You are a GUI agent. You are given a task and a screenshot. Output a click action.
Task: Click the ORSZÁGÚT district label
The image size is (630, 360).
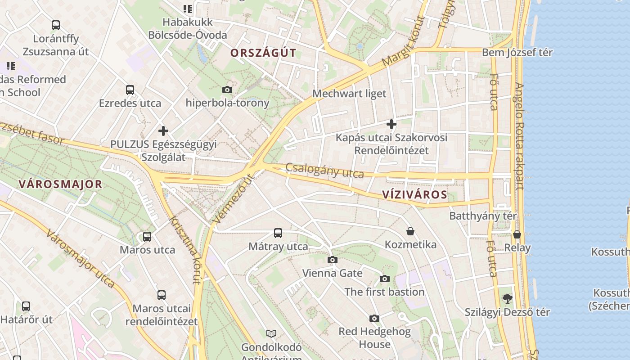click(x=263, y=53)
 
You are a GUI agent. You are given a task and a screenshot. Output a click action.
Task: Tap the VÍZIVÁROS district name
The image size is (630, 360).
click(x=414, y=194)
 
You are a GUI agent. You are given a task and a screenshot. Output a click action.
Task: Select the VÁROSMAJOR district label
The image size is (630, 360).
click(x=60, y=184)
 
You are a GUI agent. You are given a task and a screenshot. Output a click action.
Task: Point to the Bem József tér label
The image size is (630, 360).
click(x=517, y=52)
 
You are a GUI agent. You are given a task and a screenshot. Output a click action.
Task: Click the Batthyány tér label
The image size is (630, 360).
click(x=483, y=216)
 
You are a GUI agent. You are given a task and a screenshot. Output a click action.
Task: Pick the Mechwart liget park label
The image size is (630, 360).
click(x=349, y=94)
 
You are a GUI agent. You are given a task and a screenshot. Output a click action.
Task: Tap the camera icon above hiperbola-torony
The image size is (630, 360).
click(x=227, y=90)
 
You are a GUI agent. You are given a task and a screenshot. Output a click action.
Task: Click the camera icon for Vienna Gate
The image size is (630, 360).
click(x=333, y=260)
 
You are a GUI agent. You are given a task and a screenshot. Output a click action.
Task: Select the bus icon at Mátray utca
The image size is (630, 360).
click(x=278, y=233)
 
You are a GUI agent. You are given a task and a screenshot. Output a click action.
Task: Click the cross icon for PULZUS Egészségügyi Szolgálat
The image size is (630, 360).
click(x=163, y=131)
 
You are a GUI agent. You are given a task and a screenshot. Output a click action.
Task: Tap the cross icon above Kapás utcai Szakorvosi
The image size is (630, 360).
click(x=391, y=124)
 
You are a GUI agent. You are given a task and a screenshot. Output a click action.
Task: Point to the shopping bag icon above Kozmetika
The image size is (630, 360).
click(x=410, y=231)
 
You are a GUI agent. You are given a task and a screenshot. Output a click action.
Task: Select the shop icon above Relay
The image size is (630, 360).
click(x=517, y=234)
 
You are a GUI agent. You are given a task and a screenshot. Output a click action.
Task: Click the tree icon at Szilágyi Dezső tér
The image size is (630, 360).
click(x=507, y=298)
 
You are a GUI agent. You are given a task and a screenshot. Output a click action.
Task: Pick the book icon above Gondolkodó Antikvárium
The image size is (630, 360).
click(x=271, y=333)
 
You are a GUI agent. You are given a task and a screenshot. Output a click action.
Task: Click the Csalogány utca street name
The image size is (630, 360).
click(x=324, y=170)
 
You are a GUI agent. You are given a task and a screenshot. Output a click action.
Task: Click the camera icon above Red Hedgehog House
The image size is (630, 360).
click(x=374, y=319)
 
